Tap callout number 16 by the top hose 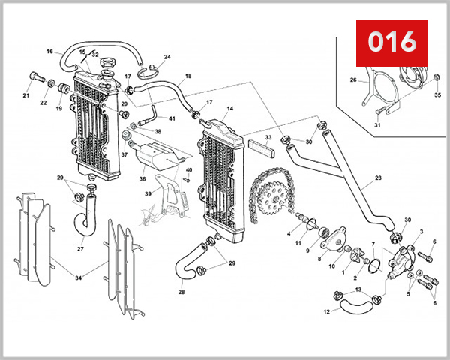coord(49,52)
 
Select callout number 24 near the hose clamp coord(167,57)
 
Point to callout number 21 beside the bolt coord(25,96)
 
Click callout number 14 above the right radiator coord(229,109)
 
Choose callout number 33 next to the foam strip coord(268,138)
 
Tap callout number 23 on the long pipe coord(357,178)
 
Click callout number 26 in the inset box coord(353,79)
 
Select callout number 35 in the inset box coord(438,96)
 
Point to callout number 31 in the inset coord(377,125)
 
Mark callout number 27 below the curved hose coord(80,249)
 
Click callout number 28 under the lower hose coord(181,292)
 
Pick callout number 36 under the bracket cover coord(141,179)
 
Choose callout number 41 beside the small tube coord(172,119)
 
